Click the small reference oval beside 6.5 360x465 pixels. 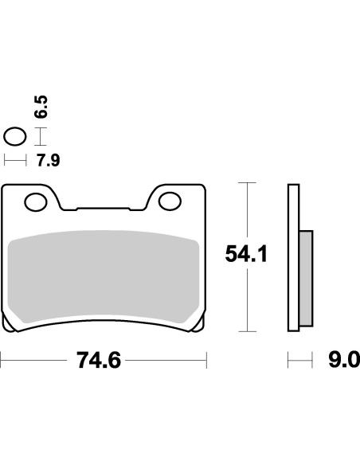tap(14, 136)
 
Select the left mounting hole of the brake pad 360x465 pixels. tap(36, 202)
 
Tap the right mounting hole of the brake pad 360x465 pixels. tap(170, 202)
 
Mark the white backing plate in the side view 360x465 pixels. tap(292, 259)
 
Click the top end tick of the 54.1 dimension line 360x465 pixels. tap(250, 184)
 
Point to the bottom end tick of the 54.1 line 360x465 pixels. tap(250, 330)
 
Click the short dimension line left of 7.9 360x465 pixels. tap(14, 161)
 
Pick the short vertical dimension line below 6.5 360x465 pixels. tap(43, 136)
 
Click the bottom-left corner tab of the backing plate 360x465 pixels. tap(10, 325)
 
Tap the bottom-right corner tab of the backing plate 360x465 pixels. tap(198, 325)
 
